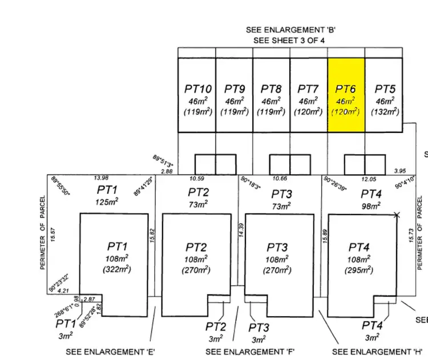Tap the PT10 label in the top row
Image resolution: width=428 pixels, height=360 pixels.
[x=198, y=89]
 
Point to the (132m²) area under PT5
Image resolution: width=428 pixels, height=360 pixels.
[x=385, y=112]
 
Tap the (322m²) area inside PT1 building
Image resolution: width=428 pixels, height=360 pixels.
[x=117, y=269]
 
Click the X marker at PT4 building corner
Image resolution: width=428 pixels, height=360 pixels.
[x=397, y=215]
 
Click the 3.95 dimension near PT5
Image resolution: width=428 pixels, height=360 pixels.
[x=399, y=171]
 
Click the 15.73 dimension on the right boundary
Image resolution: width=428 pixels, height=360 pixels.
[x=412, y=236]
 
